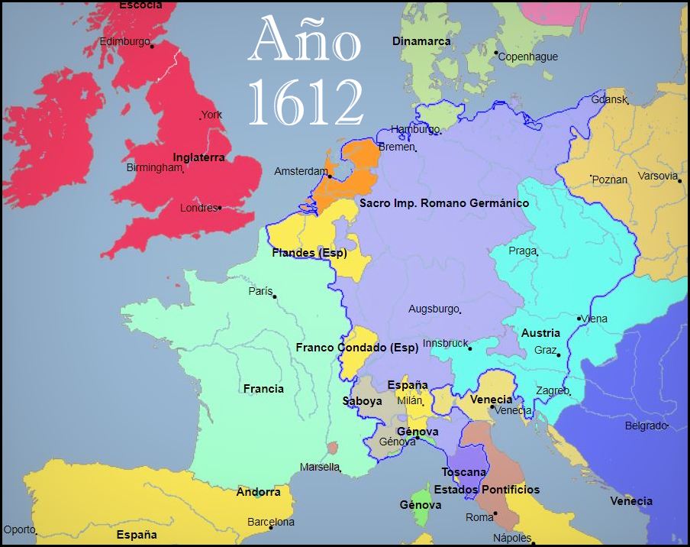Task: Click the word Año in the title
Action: [305, 44]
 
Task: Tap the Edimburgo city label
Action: [124, 41]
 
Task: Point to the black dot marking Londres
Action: [220, 207]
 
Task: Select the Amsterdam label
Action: [301, 172]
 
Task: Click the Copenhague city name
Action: [527, 57]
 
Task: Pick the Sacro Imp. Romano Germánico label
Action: [443, 203]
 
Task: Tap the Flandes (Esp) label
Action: [309, 253]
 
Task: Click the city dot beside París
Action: [275, 296]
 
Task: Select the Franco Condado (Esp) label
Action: [356, 348]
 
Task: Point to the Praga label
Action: [522, 251]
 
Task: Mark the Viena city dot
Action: [580, 318]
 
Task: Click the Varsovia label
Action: [657, 176]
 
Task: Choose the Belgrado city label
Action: [646, 426]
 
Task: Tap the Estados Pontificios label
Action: [486, 490]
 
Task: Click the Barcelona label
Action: [270, 523]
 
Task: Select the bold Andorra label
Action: [258, 492]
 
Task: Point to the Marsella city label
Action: [319, 467]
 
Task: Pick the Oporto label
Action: [19, 529]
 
